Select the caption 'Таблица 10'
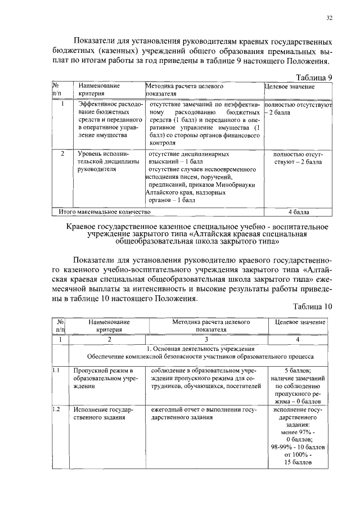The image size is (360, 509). pyautogui.click(x=313, y=307)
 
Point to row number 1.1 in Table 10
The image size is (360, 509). pyautogui.click(x=56, y=370)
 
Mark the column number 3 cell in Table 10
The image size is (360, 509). pyautogui.click(x=206, y=339)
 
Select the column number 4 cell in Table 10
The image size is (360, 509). pyautogui.click(x=300, y=339)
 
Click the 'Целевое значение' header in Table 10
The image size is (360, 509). pyautogui.click(x=300, y=322)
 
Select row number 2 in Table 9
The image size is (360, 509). pyautogui.click(x=62, y=153)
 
